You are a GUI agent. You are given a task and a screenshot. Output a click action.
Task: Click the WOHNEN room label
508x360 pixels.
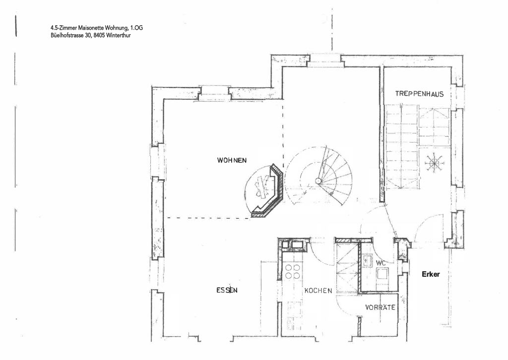(x=232, y=160)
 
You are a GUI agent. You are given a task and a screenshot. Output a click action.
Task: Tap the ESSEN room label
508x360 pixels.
(x=227, y=290)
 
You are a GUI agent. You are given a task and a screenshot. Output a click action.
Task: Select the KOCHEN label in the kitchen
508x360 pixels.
(x=318, y=291)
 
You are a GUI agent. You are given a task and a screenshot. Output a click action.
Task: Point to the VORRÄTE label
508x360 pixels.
(x=380, y=307)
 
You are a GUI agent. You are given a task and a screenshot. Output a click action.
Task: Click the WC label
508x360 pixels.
(x=381, y=263)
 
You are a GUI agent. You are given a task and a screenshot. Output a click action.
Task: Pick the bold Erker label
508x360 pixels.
(x=431, y=274)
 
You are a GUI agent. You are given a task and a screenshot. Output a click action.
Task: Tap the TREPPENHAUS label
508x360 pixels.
(x=419, y=94)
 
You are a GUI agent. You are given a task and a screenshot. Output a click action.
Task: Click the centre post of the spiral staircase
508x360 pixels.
(x=318, y=180)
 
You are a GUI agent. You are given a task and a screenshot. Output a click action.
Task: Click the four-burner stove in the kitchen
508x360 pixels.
(x=292, y=272)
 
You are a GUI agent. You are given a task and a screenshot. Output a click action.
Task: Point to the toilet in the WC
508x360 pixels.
(x=381, y=275)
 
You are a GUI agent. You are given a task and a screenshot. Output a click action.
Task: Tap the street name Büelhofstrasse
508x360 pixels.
(x=67, y=35)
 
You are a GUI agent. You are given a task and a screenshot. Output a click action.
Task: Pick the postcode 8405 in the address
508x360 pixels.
(x=99, y=35)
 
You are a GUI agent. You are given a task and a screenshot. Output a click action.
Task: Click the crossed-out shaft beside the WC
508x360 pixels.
(x=347, y=267)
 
